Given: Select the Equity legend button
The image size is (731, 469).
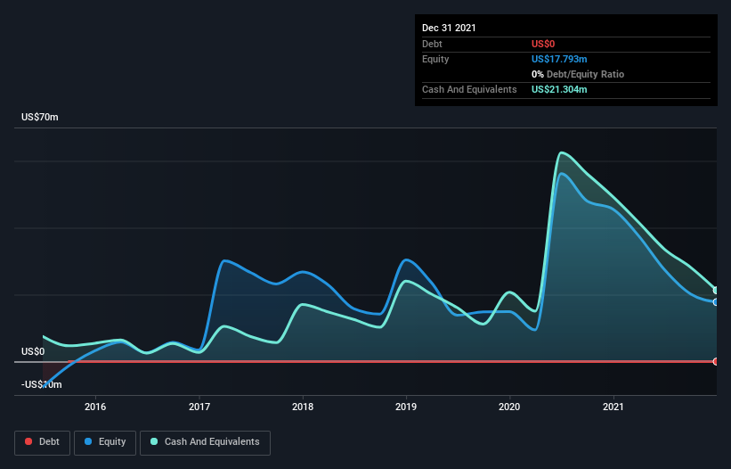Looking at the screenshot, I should [105, 441].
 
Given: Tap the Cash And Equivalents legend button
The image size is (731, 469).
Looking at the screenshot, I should [205, 441].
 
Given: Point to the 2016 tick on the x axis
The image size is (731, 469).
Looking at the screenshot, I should [95, 407].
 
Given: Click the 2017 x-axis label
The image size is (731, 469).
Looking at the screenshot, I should [199, 407].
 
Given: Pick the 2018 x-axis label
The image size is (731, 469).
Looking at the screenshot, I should [303, 407].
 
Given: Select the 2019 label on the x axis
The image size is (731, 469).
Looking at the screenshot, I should [406, 407].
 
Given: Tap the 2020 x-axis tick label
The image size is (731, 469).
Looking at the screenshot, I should [509, 407].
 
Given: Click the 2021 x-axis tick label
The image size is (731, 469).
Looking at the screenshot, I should [613, 407].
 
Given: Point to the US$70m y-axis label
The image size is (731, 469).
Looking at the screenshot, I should [40, 118].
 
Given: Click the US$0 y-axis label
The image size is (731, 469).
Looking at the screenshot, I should [33, 351].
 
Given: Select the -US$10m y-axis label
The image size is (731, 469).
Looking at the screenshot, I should [42, 384].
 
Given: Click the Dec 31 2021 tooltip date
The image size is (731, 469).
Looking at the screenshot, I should [449, 28].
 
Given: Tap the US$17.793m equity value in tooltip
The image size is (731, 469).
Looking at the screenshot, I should [559, 59].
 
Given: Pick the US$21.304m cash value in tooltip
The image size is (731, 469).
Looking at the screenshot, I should [559, 89].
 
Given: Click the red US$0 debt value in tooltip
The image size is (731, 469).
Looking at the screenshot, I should [544, 44].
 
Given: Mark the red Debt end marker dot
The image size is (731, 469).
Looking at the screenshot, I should [716, 361].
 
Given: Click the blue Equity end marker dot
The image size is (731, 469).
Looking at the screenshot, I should [716, 302].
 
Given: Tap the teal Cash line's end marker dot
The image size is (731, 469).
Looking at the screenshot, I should [716, 290].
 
